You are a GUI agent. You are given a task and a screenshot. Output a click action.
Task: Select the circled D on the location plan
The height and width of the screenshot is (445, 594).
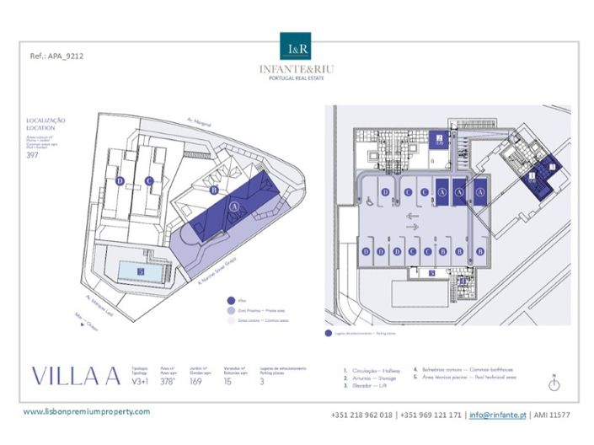(120, 180)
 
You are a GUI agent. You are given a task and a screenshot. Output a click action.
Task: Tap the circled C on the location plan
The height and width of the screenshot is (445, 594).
(148, 180)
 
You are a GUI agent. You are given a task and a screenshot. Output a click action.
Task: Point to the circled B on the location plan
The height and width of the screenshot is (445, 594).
(214, 190)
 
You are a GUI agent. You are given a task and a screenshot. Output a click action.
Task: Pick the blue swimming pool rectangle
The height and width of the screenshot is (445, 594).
(140, 271)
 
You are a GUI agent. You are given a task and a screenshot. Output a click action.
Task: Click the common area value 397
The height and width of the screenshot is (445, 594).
(33, 155)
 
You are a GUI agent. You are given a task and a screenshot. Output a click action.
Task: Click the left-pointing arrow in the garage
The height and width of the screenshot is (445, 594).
(413, 216)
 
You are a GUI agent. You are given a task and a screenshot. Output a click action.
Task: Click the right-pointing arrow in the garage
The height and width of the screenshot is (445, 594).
(413, 226)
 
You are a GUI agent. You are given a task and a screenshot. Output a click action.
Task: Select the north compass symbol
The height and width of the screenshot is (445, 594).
(554, 383)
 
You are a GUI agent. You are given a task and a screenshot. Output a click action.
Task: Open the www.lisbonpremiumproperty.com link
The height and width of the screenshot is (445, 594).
(86, 411)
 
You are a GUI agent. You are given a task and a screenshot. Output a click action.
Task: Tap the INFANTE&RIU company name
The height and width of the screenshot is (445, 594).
(297, 68)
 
